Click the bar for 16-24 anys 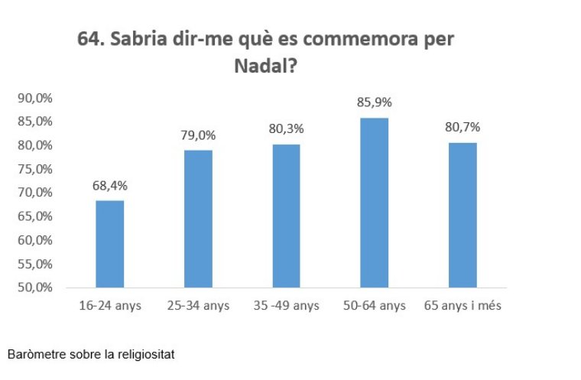pos(110,244)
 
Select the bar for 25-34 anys pos(197,219)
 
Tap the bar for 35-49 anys pos(286,216)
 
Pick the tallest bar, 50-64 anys pos(374,203)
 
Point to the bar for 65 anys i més pos(462,215)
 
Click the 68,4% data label pos(110,187)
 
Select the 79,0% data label pos(198,136)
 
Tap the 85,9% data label pos(374,102)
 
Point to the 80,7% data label pos(462,128)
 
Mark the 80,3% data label pos(286,130)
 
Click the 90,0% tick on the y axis pos(34,98)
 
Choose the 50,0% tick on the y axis pos(34,288)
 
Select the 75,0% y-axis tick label pos(34,169)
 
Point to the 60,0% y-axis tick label pos(34,241)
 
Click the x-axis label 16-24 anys pos(110,306)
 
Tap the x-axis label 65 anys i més pos(463,306)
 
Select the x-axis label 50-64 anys pos(374,306)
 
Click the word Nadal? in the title pos(265,67)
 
